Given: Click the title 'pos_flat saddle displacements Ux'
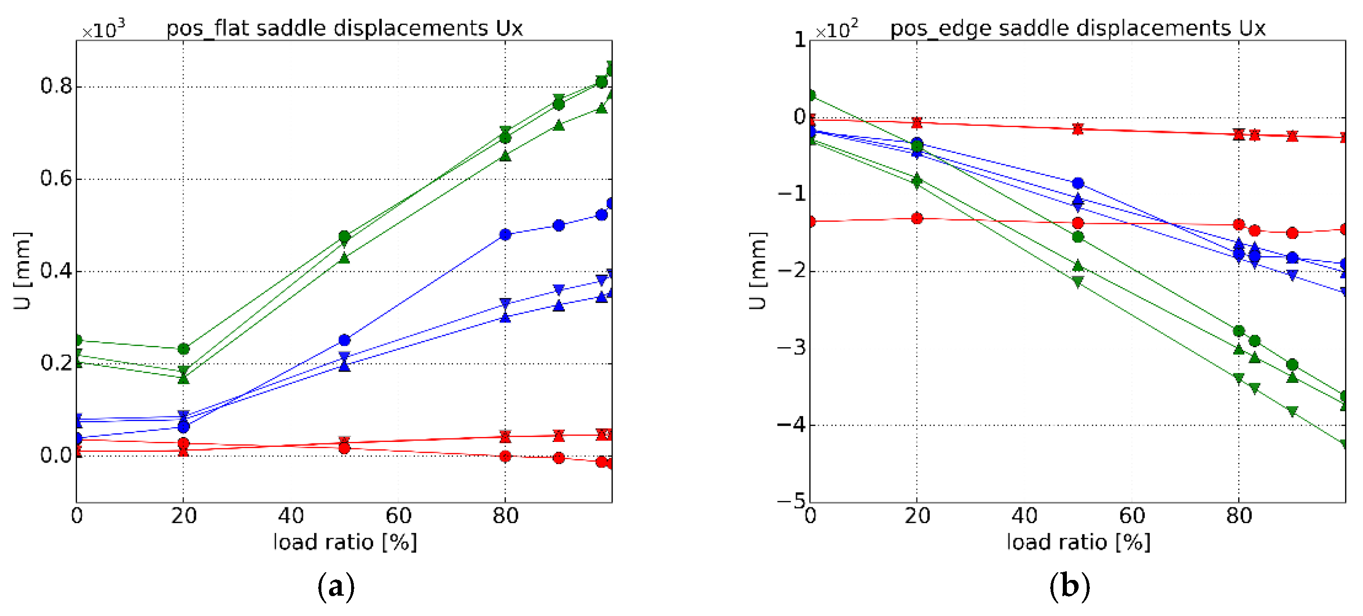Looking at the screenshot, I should point(344,28).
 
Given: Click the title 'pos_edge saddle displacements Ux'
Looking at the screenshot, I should point(1078,28).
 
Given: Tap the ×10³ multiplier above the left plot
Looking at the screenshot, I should point(104,30).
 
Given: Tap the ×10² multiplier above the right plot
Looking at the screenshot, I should point(837,30).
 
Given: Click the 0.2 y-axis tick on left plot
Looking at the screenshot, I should point(56,363).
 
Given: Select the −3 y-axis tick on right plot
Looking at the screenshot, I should point(791,348).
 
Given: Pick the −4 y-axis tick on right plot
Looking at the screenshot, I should point(791,424).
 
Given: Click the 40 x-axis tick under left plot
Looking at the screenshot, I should point(291,515).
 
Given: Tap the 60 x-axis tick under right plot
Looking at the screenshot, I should point(1132,515).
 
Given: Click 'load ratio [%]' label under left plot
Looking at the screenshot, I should point(345,542).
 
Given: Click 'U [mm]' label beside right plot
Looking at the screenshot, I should point(758,271).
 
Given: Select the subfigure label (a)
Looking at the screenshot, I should point(335,586).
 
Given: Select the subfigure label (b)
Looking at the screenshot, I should point(1069,586).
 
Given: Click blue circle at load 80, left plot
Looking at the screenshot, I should point(505,234).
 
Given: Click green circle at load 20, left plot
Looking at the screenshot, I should point(183,349).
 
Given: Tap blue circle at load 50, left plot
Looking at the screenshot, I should point(344,340).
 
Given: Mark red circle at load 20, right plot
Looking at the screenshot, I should point(917,218).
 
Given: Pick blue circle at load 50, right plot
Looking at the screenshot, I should point(1078,183).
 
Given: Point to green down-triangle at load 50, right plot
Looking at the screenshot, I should point(1078,282).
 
